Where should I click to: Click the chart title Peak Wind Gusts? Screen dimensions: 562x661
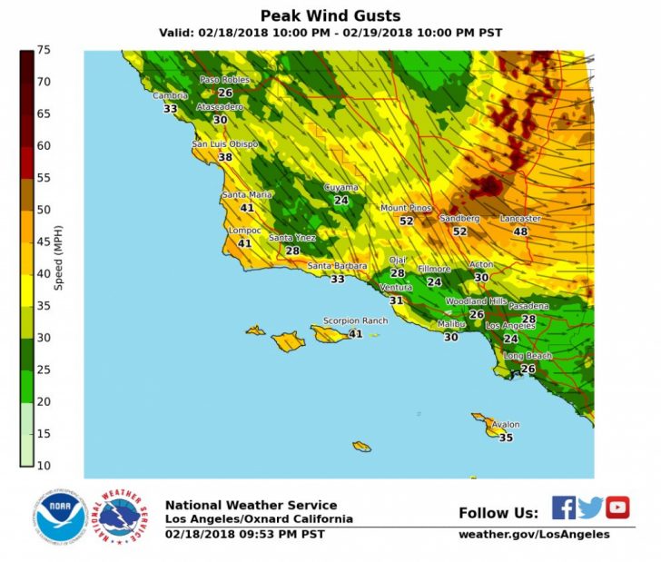coord(330,16)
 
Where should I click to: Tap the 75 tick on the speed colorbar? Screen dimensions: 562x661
coord(44,50)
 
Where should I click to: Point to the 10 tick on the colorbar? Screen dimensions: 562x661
coord(44,466)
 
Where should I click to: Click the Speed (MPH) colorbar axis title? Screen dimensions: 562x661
coord(59,258)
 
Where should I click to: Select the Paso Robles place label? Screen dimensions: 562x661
coord(223,80)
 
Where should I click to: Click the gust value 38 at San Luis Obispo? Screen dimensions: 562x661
coord(225,157)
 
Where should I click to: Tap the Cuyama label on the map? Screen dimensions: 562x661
coord(341,188)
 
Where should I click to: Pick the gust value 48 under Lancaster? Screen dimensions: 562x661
coord(520,232)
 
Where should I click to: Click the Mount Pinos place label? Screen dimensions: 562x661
coord(405,208)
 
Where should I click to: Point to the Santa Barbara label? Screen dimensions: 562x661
coord(337,266)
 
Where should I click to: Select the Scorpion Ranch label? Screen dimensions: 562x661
coord(355,321)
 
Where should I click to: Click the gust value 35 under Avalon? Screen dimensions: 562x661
coord(506,438)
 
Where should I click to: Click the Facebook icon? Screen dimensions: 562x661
coord(563,508)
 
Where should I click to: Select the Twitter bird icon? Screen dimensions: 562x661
coord(590,508)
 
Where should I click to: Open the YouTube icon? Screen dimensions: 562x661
coord(617,508)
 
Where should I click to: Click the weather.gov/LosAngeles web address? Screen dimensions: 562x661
coord(534,535)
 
